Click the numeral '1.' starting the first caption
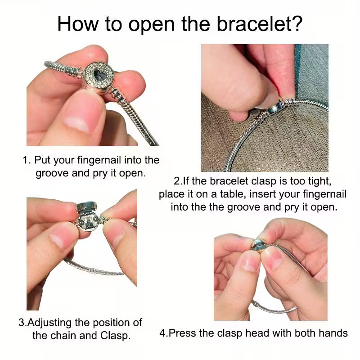(x=27, y=160)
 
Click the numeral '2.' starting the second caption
(x=177, y=181)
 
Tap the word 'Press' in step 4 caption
(x=182, y=333)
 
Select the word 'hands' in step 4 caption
(x=333, y=333)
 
